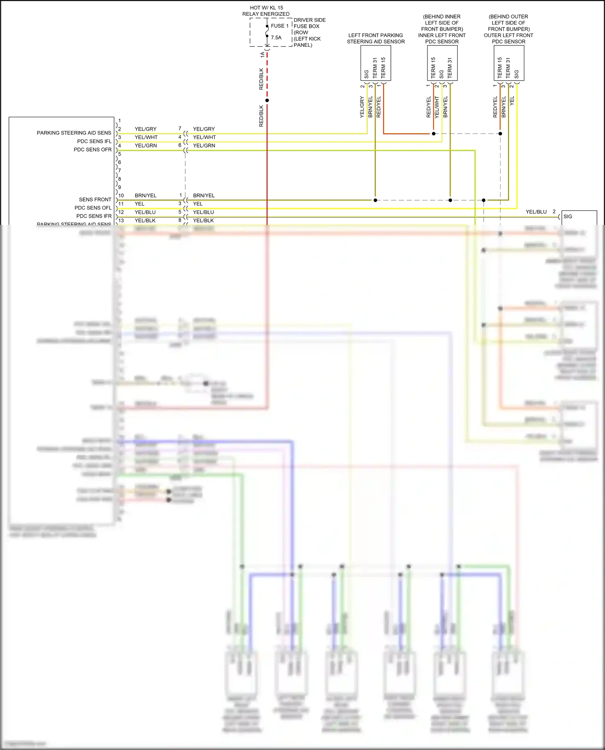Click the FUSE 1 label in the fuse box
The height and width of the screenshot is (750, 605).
280,26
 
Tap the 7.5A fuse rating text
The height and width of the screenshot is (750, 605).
276,37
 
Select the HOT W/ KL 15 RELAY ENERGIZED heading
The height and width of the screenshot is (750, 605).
266,11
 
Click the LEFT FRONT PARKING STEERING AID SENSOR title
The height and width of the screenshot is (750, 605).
376,38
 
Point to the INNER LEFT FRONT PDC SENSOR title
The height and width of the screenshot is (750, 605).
442,38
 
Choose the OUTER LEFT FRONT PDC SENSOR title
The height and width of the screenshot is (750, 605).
508,38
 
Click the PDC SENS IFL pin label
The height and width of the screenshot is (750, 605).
94,141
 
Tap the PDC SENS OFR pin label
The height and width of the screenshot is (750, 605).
92,150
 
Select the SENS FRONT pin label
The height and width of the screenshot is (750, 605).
95,199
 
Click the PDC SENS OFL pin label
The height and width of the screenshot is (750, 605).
93,208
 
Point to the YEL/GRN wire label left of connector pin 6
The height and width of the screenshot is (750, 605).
146,145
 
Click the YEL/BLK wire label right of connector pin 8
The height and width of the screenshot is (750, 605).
203,220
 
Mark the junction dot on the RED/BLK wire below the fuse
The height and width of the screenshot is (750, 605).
267,100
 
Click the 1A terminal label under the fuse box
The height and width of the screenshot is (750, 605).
262,54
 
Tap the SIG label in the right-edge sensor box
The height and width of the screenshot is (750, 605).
568,216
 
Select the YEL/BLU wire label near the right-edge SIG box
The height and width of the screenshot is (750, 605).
536,212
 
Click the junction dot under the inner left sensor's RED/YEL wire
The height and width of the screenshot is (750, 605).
434,133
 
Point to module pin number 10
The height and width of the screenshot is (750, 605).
121,195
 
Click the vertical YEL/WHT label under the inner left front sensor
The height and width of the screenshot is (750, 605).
437,107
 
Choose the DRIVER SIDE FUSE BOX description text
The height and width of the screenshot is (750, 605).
309,32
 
